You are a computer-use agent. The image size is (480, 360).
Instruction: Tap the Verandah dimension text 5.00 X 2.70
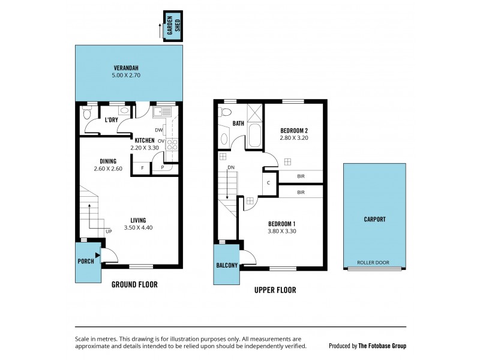tap(129, 76)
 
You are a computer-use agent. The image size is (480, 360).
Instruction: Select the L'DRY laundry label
tap(111, 121)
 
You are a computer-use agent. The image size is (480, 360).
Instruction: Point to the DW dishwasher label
tap(158, 130)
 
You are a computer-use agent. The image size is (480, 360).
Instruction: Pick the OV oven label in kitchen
tap(161, 142)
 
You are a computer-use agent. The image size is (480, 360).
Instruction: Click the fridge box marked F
tap(142, 169)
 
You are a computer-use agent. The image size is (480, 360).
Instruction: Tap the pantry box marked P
tap(162, 169)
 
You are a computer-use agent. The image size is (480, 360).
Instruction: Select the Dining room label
tap(108, 161)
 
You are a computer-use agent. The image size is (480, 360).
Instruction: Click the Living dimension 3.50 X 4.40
tap(137, 228)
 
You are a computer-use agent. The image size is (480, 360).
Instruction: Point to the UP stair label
tap(109, 232)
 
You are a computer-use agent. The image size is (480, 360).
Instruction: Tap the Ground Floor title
tap(134, 284)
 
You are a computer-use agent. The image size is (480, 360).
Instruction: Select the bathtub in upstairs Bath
tap(254, 136)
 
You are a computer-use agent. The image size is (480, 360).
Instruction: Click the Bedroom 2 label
tap(294, 130)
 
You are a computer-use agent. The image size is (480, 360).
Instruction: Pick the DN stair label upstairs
tap(231, 168)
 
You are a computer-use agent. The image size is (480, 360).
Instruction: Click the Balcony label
tap(227, 266)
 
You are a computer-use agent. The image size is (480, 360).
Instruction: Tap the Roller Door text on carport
tap(373, 263)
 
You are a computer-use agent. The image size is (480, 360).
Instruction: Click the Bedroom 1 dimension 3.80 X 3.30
tap(281, 231)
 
